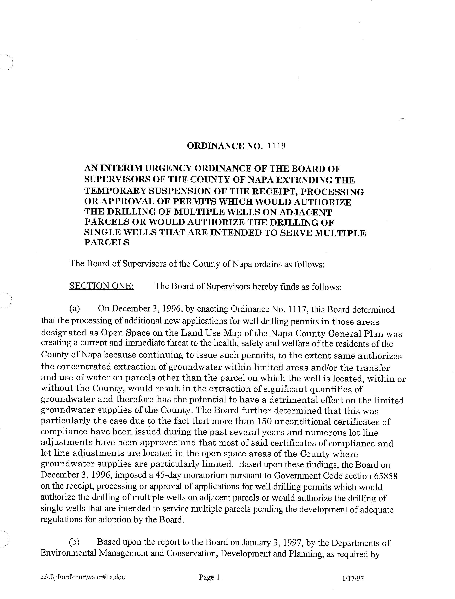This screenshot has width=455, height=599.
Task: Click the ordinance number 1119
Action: coord(276,146)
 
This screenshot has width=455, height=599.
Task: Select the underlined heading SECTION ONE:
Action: coord(102,286)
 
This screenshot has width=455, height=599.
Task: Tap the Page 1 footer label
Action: coord(209,577)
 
